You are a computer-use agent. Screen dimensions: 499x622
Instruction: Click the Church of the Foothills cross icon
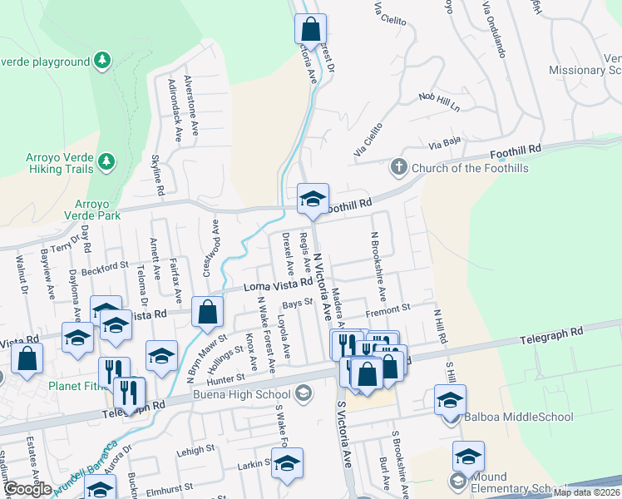(398, 168)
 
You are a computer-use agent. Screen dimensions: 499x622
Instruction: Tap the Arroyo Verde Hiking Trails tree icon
(106, 160)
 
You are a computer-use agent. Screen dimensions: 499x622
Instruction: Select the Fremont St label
(388, 309)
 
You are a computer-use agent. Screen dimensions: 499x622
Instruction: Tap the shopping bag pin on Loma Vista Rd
(207, 312)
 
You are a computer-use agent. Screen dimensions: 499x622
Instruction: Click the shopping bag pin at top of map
(309, 28)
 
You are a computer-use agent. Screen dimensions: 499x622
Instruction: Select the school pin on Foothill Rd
(313, 198)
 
